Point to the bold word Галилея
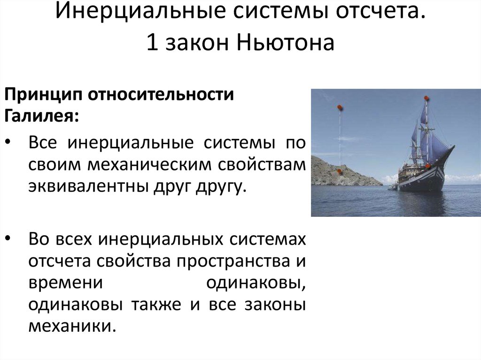(x=41, y=115)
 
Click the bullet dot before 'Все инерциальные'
(x=10, y=143)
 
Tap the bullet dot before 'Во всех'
(x=10, y=238)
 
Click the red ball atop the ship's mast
(x=426, y=98)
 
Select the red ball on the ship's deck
(x=428, y=166)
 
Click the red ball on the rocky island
(x=338, y=172)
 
